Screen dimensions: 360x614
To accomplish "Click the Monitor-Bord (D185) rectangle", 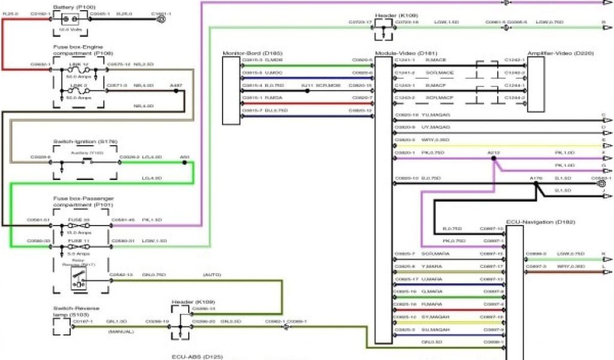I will coord(231,90).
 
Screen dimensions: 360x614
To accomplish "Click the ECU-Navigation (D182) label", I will coord(540,222).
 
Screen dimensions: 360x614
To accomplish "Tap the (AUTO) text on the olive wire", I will coord(212,275).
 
